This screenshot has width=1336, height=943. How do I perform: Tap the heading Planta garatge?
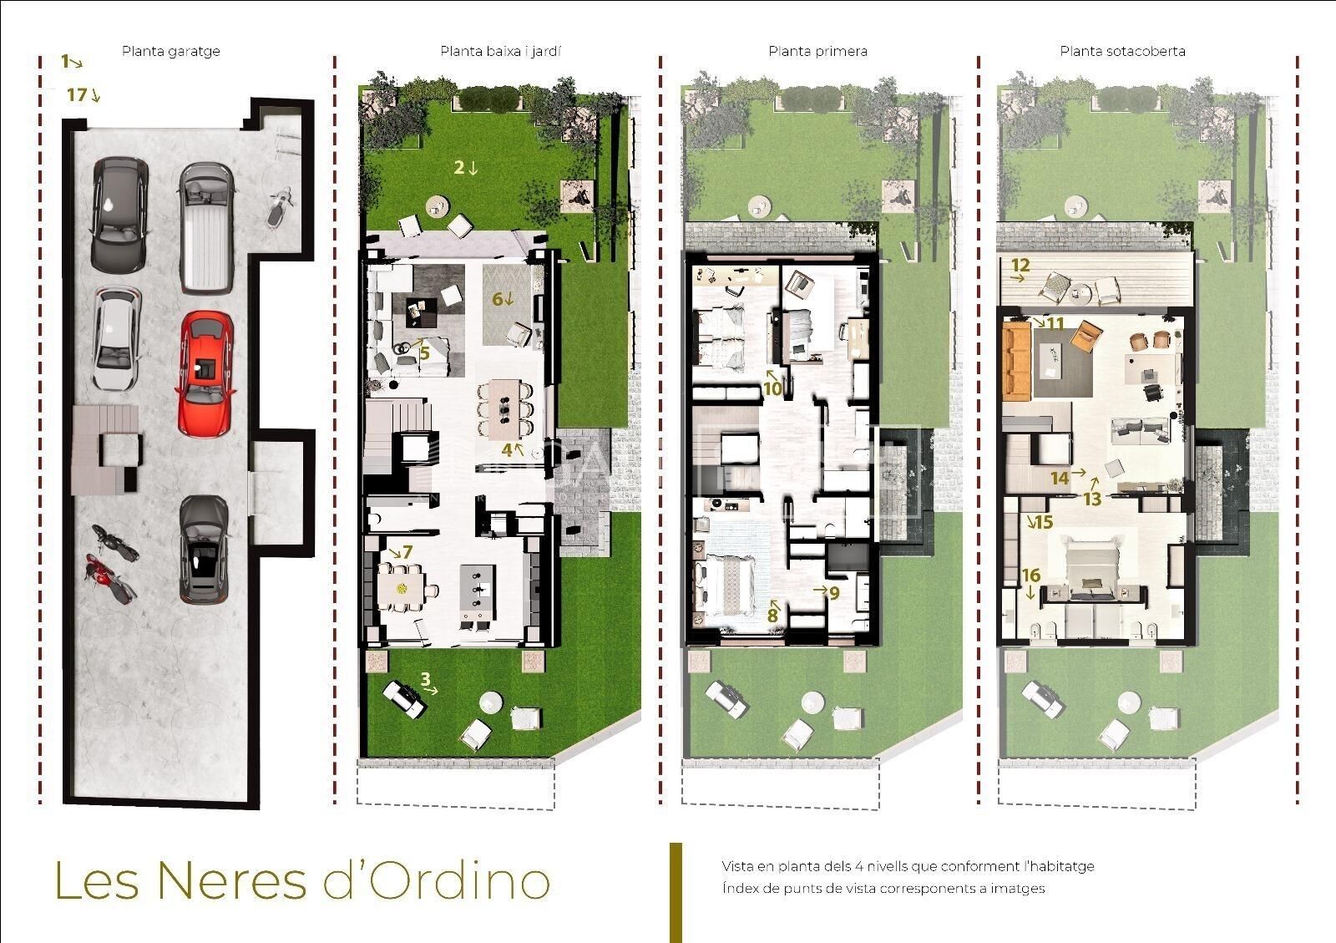(170, 51)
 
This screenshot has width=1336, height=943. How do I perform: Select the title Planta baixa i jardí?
(500, 51)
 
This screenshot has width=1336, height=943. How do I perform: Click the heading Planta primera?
(817, 51)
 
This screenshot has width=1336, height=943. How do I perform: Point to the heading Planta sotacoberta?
(1122, 51)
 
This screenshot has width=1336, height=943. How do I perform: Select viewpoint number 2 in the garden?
(465, 167)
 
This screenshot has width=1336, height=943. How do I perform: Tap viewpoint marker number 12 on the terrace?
(1020, 266)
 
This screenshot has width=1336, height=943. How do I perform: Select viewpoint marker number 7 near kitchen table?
(402, 552)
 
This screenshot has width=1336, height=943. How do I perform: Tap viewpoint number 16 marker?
(1031, 581)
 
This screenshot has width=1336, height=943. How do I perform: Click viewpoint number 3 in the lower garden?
(429, 682)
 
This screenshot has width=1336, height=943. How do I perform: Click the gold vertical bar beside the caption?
(676, 892)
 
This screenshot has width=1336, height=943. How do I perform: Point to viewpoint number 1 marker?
(72, 62)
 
